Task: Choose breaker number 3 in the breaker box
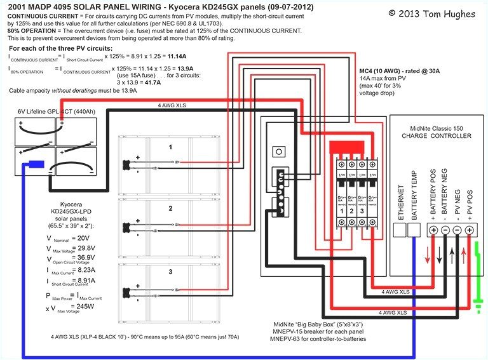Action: (x=361, y=210)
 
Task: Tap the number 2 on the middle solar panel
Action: (x=170, y=208)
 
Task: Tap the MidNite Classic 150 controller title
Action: (x=436, y=127)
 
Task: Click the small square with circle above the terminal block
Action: (x=277, y=152)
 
